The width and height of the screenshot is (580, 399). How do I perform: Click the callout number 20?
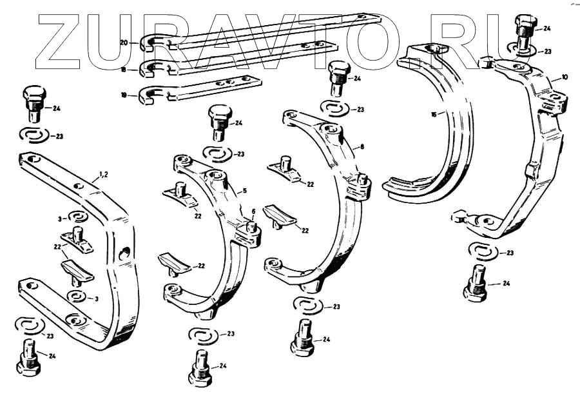(124, 43)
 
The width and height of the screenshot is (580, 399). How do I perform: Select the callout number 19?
(123, 95)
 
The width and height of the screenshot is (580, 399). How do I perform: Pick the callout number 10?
(565, 77)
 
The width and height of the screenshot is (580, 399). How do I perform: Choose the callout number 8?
(362, 147)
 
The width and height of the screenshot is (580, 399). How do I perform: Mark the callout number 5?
(245, 191)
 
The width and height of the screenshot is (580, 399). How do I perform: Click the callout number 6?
(253, 211)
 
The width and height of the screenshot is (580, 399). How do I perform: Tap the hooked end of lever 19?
(147, 95)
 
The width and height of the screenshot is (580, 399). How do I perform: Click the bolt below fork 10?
(476, 284)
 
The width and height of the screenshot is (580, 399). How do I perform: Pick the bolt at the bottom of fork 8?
(302, 338)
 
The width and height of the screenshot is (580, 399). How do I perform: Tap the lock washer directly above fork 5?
(217, 154)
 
